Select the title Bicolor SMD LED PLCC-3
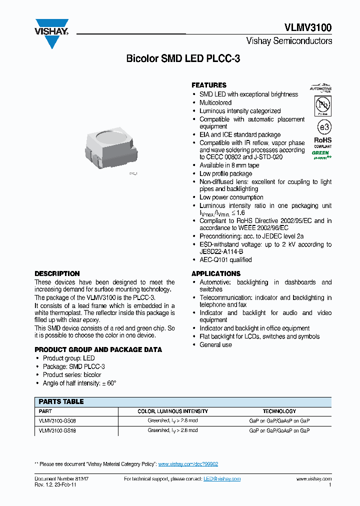coord(183,58)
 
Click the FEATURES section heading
coord(209,85)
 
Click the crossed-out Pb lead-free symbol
coord(322,105)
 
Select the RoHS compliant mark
coord(322,143)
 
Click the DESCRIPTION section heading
coord(57,273)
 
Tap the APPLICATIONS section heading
coord(216,273)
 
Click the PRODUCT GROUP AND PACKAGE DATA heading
coord(98,349)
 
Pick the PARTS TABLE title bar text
coord(61,401)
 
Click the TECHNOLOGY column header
coord(279,411)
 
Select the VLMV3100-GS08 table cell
coord(57,420)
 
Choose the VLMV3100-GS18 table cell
coord(57,430)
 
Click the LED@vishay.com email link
coord(222,478)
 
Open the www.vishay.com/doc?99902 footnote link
coord(188,464)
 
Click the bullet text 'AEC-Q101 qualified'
coord(225,259)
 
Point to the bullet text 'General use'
coord(215,344)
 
